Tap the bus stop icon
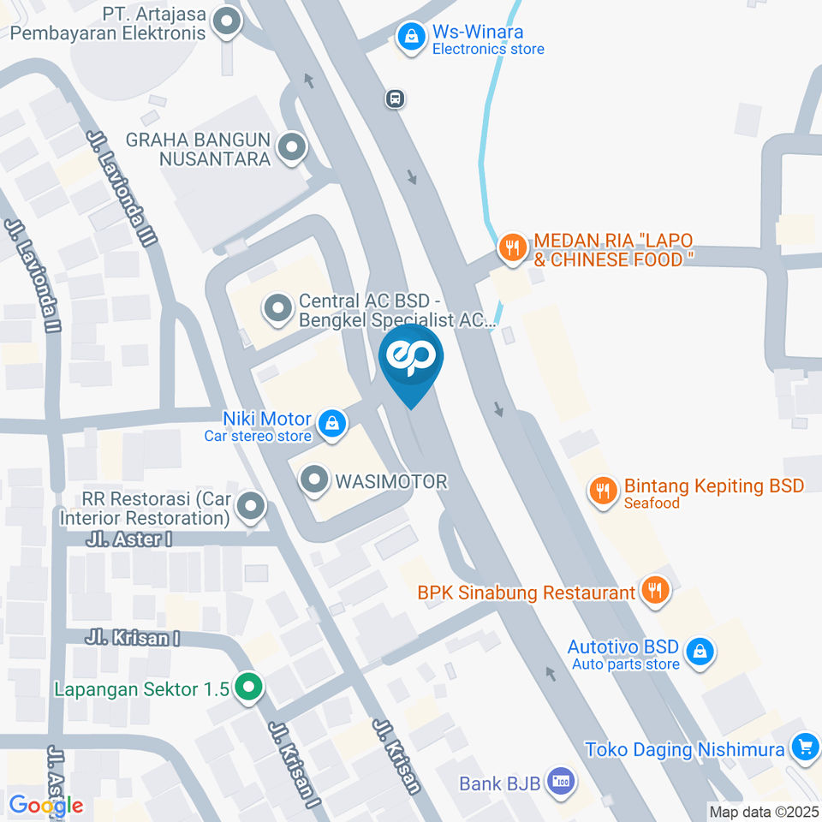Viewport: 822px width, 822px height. [x=395, y=98]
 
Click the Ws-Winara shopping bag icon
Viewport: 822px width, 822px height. [x=412, y=37]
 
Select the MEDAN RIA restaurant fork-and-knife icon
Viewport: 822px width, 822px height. [x=511, y=248]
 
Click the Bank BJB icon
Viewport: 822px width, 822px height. [x=561, y=781]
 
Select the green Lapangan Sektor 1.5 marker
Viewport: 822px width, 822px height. [x=248, y=687]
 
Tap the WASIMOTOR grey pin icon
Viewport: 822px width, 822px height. [x=315, y=480]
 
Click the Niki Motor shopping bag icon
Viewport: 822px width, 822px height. [x=331, y=422]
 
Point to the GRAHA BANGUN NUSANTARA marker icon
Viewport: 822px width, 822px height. [x=293, y=147]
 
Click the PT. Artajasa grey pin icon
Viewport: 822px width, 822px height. [x=227, y=23]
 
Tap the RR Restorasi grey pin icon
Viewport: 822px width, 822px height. [x=250, y=507]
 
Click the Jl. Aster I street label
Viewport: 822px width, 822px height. [x=129, y=539]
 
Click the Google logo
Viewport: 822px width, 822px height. [x=46, y=805]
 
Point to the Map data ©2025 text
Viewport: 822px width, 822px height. [x=764, y=811]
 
